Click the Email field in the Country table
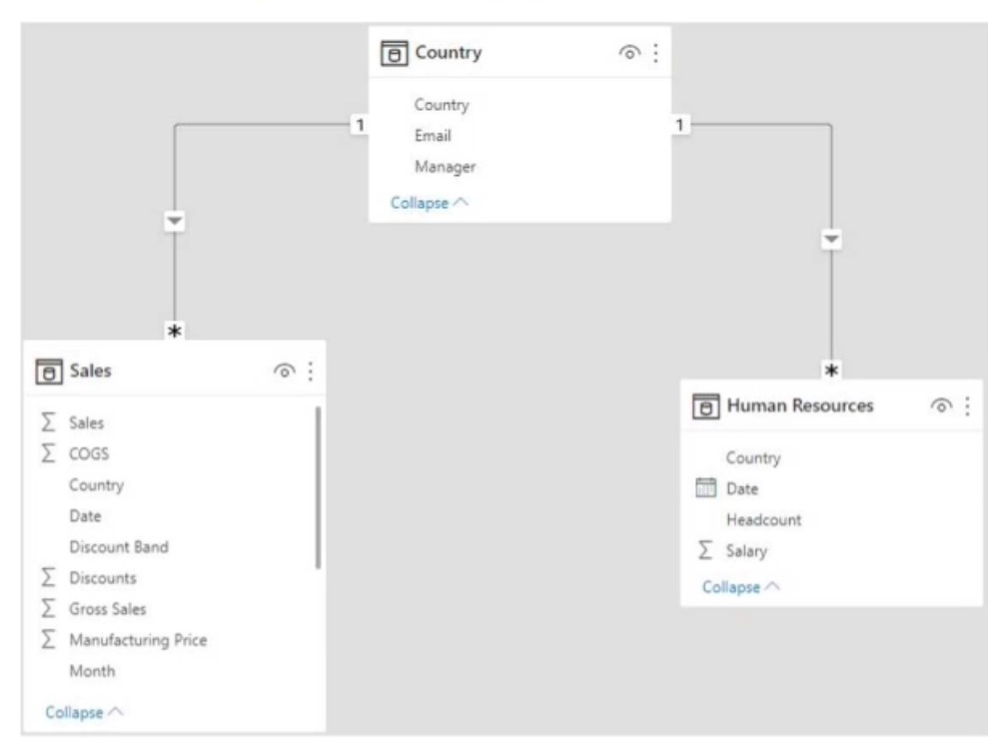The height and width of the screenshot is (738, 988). (x=433, y=136)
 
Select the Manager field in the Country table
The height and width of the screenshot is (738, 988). (x=445, y=167)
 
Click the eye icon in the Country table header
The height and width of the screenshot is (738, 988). (x=628, y=52)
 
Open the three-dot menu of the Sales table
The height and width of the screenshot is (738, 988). (x=310, y=370)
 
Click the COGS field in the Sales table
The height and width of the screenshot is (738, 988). (x=89, y=453)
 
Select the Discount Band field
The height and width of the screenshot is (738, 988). (x=119, y=546)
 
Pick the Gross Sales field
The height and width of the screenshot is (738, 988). (x=107, y=609)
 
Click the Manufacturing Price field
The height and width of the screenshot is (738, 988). (x=138, y=640)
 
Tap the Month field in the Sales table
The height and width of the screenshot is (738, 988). (x=92, y=671)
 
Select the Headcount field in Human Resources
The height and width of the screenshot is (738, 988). (x=763, y=519)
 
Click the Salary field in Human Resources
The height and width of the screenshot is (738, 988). (x=746, y=551)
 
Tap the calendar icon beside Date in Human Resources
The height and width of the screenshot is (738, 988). (x=705, y=487)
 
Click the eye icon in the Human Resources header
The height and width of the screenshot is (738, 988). (x=941, y=406)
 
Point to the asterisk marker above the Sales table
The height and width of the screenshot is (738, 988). (x=175, y=331)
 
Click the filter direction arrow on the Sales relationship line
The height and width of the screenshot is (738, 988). (x=175, y=221)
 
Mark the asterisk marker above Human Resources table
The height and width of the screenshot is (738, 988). (x=832, y=369)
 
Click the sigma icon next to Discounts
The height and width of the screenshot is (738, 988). (x=48, y=577)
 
